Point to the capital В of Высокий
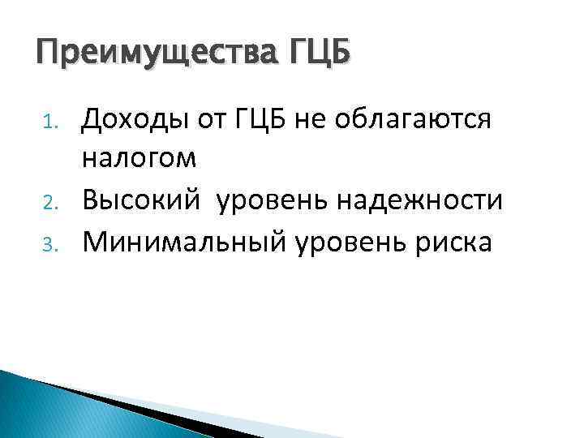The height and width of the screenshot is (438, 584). click(x=90, y=199)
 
